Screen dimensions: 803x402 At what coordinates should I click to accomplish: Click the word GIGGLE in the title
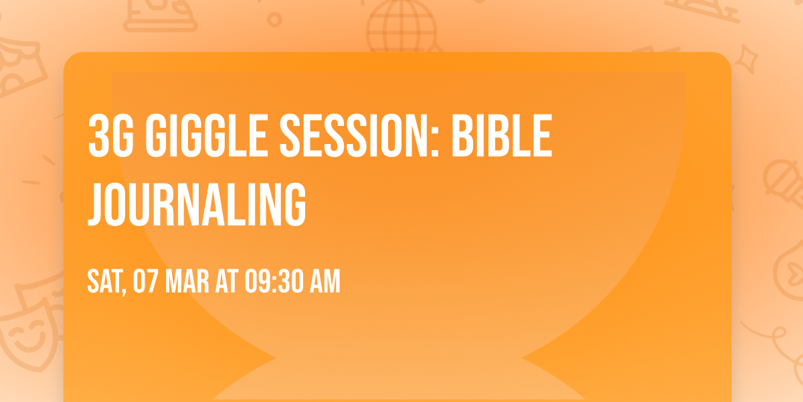[207, 135]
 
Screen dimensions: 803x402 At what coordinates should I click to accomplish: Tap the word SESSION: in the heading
[359, 135]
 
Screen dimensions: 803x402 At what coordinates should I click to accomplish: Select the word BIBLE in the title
[502, 135]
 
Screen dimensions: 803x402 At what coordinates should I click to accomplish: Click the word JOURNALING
[197, 204]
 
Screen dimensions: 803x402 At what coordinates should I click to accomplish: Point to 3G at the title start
[110, 135]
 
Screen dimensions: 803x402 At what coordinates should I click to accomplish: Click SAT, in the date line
[107, 282]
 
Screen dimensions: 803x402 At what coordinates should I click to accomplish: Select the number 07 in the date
[145, 281]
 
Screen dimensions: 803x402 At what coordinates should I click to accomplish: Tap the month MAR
[187, 281]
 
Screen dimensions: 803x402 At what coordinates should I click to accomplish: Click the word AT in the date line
[227, 281]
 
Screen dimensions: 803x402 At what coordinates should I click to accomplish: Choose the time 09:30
[274, 281]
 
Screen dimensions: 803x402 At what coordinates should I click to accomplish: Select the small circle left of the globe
[274, 19]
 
